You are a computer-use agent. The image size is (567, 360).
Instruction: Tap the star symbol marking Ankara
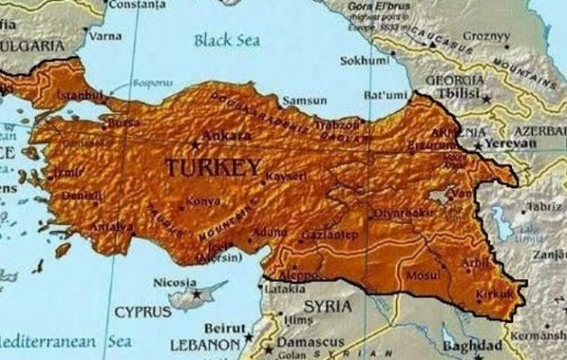[x=193, y=143]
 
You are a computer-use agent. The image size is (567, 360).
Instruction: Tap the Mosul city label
[x=421, y=274]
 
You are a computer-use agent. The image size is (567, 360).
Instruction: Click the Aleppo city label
[x=301, y=274]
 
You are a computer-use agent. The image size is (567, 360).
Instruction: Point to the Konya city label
[x=202, y=203]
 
